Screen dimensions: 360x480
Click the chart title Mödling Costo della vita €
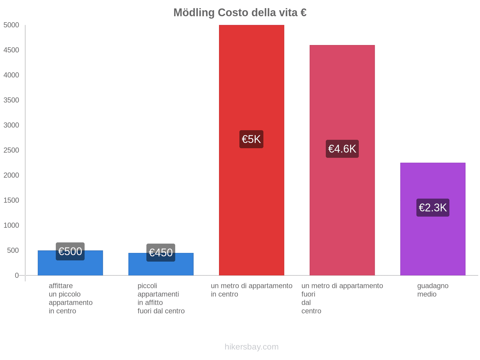point(240,13)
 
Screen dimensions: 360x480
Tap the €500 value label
point(70,251)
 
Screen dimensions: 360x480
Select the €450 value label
point(161,253)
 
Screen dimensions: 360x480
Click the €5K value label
point(251,139)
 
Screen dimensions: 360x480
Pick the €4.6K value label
point(342,149)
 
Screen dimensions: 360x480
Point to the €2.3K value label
point(433,208)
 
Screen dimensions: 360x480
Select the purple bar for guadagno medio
point(433,240)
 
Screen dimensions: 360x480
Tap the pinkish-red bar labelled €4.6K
point(342,90)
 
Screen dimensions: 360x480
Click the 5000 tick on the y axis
point(11,25)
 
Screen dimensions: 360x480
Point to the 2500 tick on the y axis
point(11,150)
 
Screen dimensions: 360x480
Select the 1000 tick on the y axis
point(11,225)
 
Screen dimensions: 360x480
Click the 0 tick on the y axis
point(17,275)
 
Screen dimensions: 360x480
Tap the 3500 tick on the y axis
point(11,100)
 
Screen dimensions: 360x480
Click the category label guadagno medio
point(433,290)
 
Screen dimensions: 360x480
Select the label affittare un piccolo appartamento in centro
point(70,298)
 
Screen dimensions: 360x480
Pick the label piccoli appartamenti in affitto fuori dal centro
point(161,298)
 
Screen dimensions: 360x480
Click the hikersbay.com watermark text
point(251,347)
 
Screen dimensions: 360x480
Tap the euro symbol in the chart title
point(303,13)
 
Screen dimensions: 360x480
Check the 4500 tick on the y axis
point(11,50)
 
